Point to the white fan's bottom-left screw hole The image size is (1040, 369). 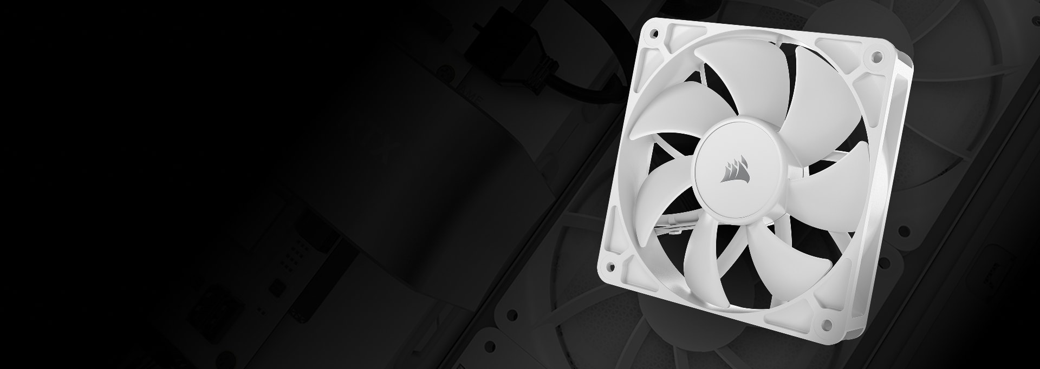click(611, 266)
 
